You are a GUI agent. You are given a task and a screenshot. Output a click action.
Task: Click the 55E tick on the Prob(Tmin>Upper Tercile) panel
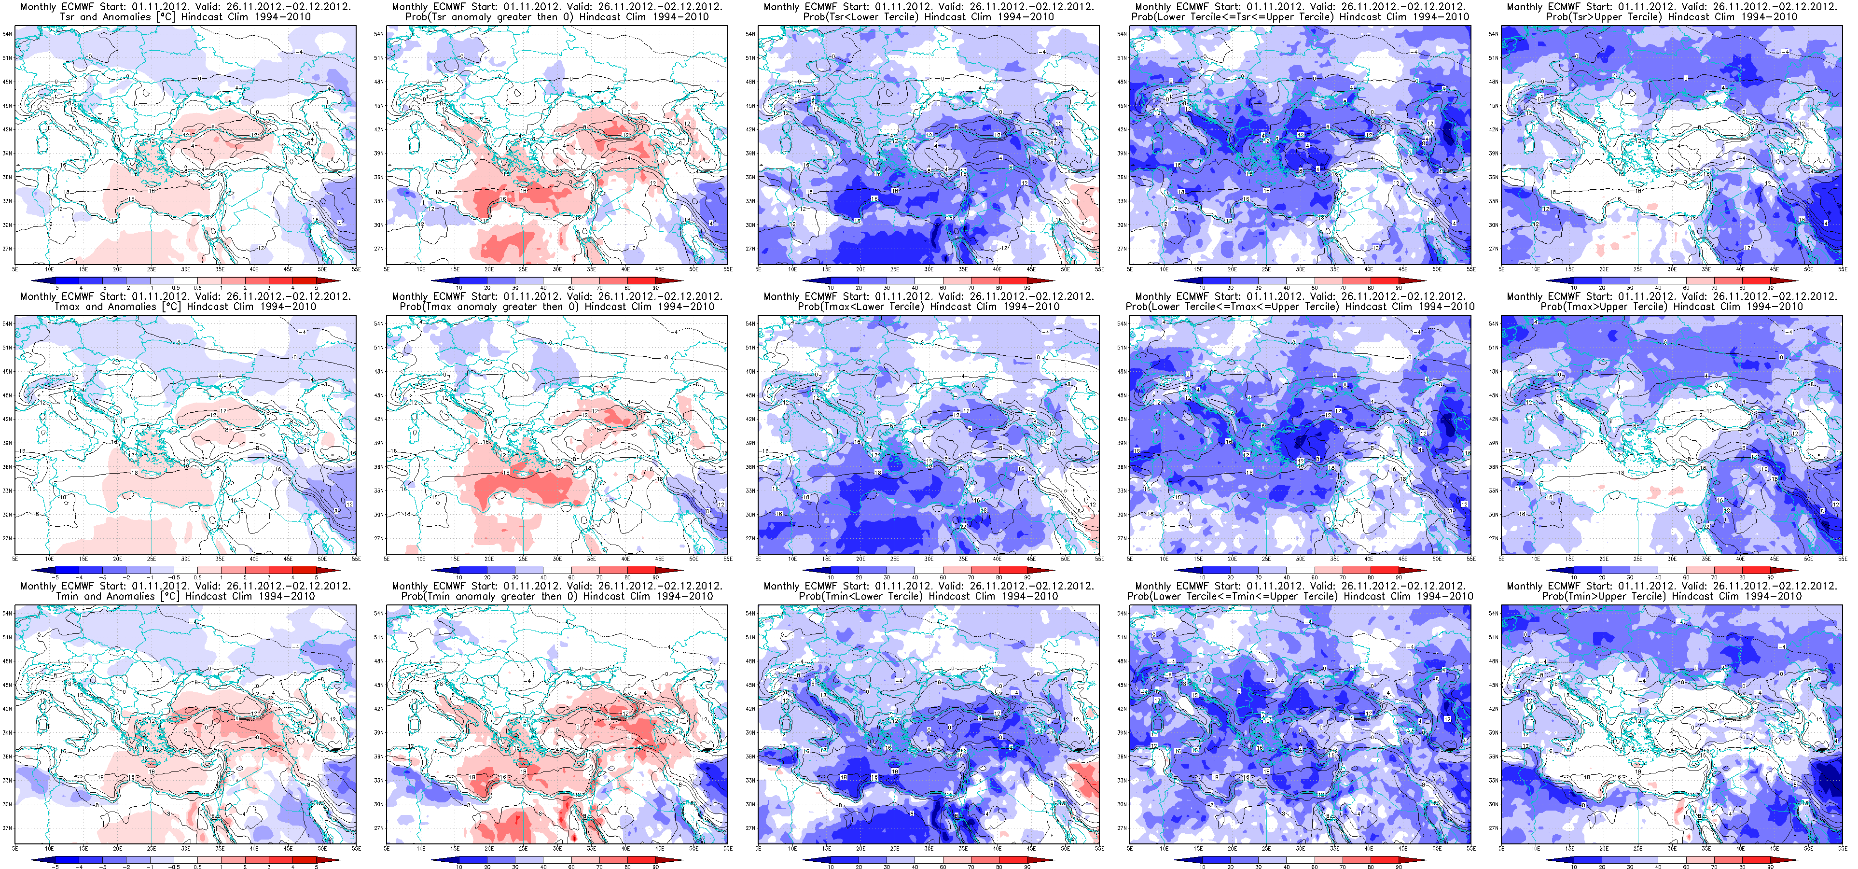[1842, 849]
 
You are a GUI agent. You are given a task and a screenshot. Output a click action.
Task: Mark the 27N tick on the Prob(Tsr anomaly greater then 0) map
[378, 249]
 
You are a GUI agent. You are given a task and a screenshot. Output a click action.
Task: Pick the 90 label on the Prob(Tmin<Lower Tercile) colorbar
[1027, 866]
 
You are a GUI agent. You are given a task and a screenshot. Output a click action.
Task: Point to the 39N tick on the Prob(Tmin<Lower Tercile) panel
[750, 732]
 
